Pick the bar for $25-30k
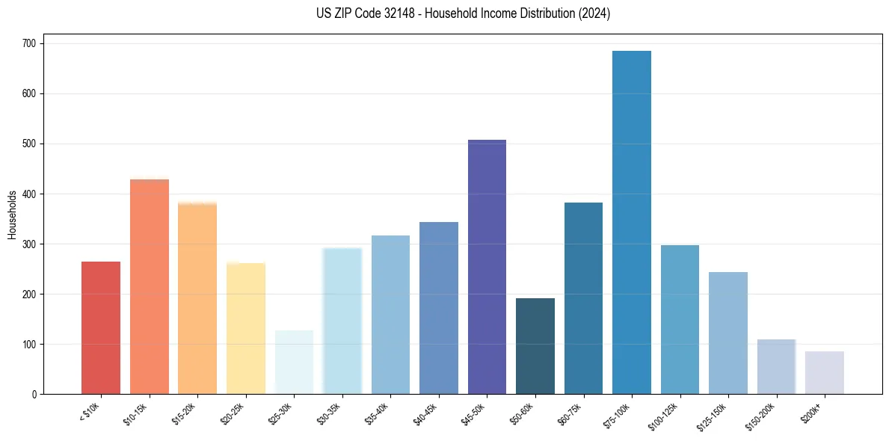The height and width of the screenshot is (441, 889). [294, 362]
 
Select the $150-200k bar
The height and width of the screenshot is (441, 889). [776, 366]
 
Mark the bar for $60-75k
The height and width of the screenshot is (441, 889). [583, 298]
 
